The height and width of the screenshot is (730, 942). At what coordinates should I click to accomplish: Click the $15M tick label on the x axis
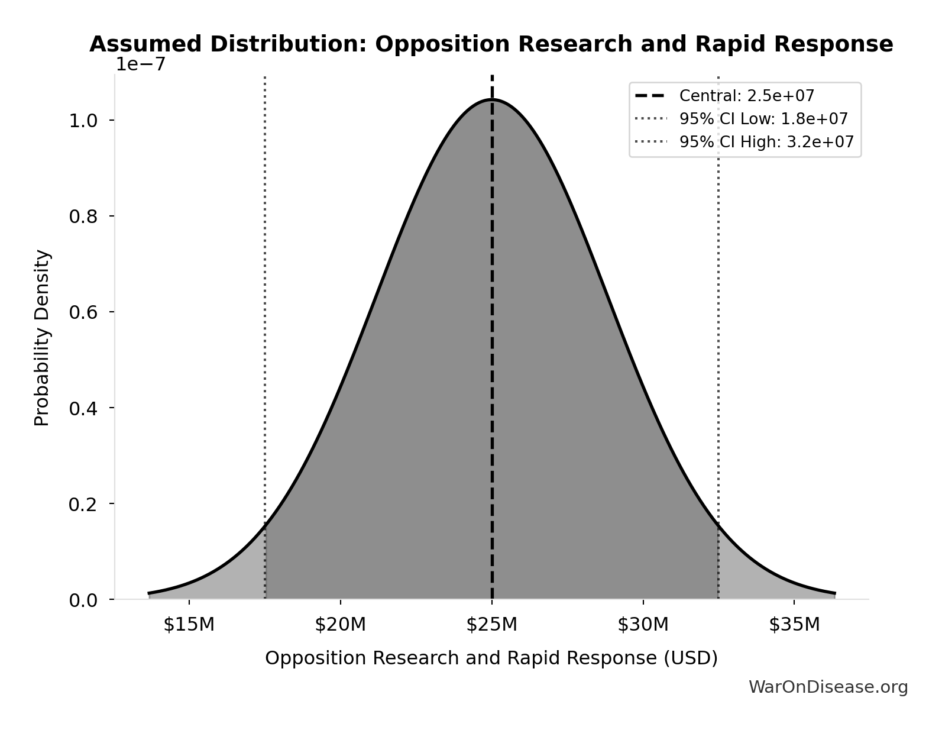(189, 625)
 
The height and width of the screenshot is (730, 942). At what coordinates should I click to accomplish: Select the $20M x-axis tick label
(340, 625)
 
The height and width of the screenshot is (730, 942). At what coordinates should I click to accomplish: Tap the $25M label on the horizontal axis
(491, 625)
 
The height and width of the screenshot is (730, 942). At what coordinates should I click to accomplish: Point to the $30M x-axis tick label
(643, 625)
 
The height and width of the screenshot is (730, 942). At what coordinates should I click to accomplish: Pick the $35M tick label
(794, 625)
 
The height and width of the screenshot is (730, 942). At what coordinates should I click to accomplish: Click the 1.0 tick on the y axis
(83, 121)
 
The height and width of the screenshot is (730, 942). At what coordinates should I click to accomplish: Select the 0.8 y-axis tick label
(83, 217)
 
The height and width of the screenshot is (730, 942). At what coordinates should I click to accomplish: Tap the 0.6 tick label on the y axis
(83, 312)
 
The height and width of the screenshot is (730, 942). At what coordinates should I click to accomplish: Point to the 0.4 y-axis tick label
(83, 408)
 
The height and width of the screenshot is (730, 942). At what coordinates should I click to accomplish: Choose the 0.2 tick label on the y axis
(83, 504)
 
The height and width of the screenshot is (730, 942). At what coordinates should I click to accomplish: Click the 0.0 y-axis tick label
(83, 600)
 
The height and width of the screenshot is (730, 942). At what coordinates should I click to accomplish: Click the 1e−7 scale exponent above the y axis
(140, 64)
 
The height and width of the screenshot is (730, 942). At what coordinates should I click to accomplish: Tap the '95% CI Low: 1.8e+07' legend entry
(763, 119)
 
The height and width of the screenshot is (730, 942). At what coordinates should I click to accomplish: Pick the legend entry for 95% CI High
(766, 142)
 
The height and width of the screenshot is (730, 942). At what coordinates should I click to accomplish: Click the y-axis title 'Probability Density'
(42, 338)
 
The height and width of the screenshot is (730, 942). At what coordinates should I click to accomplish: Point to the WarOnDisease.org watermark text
(828, 687)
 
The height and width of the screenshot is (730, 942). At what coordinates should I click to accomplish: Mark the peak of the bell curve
(491, 99)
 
